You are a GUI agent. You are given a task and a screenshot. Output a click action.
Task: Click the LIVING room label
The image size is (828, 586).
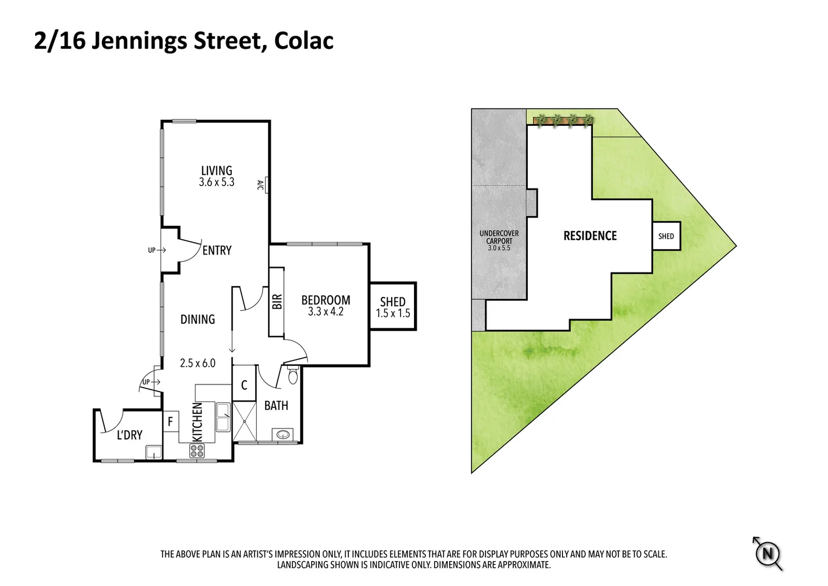point(216,170)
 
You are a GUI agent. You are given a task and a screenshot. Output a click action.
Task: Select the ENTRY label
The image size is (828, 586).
point(217,250)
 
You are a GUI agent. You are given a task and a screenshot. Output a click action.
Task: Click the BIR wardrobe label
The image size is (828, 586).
point(277,302)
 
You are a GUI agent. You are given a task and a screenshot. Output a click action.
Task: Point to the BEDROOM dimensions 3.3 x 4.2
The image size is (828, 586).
point(326,312)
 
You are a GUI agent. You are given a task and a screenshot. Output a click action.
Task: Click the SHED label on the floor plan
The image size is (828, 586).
point(393,302)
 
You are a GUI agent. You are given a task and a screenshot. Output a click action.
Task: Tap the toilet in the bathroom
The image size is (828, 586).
point(293,375)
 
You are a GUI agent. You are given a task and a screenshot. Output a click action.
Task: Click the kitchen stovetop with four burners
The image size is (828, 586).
point(197,450)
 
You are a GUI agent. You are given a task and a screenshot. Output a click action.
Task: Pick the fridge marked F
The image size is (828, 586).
point(170,421)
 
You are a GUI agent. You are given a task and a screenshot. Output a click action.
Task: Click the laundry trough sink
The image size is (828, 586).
point(153,451)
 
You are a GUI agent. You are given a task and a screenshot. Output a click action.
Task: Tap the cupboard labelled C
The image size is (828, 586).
point(244,385)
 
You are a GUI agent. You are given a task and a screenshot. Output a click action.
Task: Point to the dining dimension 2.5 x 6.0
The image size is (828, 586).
point(198,363)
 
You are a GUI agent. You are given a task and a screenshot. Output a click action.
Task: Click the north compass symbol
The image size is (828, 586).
point(767,554)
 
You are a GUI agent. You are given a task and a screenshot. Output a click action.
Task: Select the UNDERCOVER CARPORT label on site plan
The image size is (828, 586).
point(499,238)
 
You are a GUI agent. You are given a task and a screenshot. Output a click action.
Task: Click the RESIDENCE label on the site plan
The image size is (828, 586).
point(590,236)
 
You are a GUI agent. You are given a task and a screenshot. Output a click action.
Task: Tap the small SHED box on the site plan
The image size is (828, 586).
point(666,236)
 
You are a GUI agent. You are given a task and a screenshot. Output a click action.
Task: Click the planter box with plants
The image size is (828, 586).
point(564,120)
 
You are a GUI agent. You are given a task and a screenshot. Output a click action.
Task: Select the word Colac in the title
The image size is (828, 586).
point(303,41)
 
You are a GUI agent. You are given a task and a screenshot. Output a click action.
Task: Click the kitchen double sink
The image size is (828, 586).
point(223,417)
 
